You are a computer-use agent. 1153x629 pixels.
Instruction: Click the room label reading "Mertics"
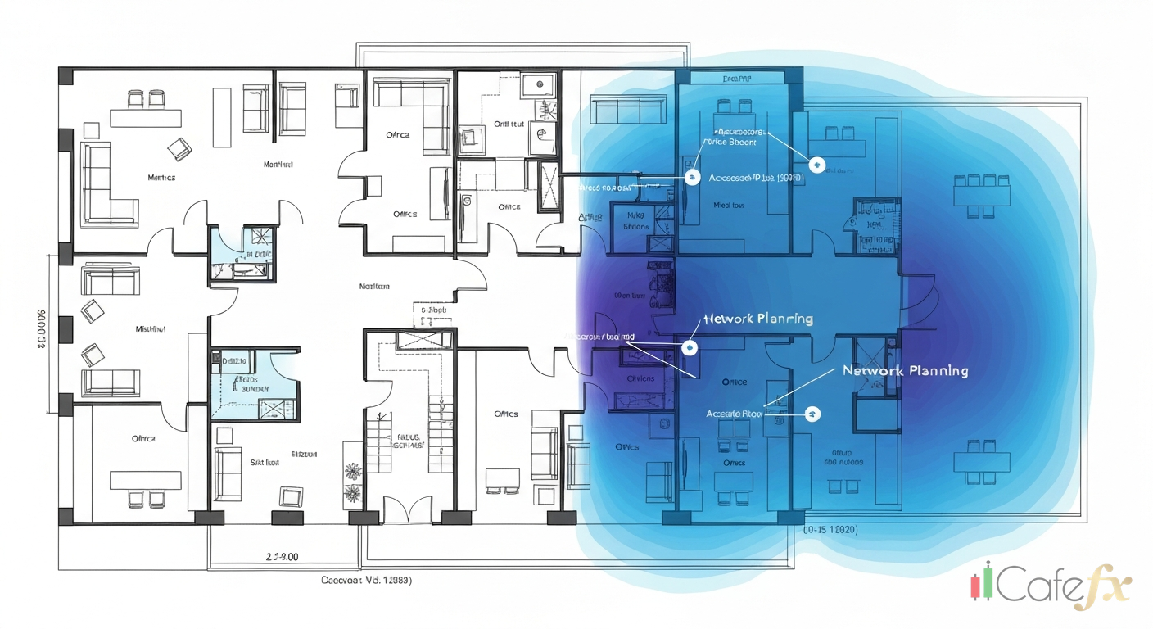tap(161, 177)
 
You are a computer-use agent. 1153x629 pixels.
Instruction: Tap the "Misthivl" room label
tap(150, 328)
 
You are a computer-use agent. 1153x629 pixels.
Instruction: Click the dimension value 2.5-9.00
tap(282, 557)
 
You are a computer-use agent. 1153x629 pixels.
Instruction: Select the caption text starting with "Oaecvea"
tap(365, 580)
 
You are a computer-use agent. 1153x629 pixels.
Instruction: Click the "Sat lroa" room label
tap(265, 462)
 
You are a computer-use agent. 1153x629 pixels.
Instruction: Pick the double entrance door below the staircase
tap(407, 510)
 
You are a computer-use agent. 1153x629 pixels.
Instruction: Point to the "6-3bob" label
tap(433, 311)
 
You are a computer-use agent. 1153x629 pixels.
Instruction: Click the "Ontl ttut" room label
tap(508, 124)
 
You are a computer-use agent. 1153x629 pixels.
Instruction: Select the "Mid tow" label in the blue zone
tap(728, 206)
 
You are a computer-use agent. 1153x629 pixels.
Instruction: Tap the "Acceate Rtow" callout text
tap(734, 414)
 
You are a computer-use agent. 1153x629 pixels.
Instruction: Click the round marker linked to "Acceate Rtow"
tap(812, 414)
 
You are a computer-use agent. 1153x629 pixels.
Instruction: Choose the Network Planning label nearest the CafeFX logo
tap(905, 370)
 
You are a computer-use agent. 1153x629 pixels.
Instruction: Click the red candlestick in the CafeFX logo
tap(975, 585)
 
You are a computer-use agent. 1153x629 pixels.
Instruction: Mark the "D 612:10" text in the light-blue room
tap(237, 360)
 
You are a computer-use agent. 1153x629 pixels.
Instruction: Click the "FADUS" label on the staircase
tap(408, 437)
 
